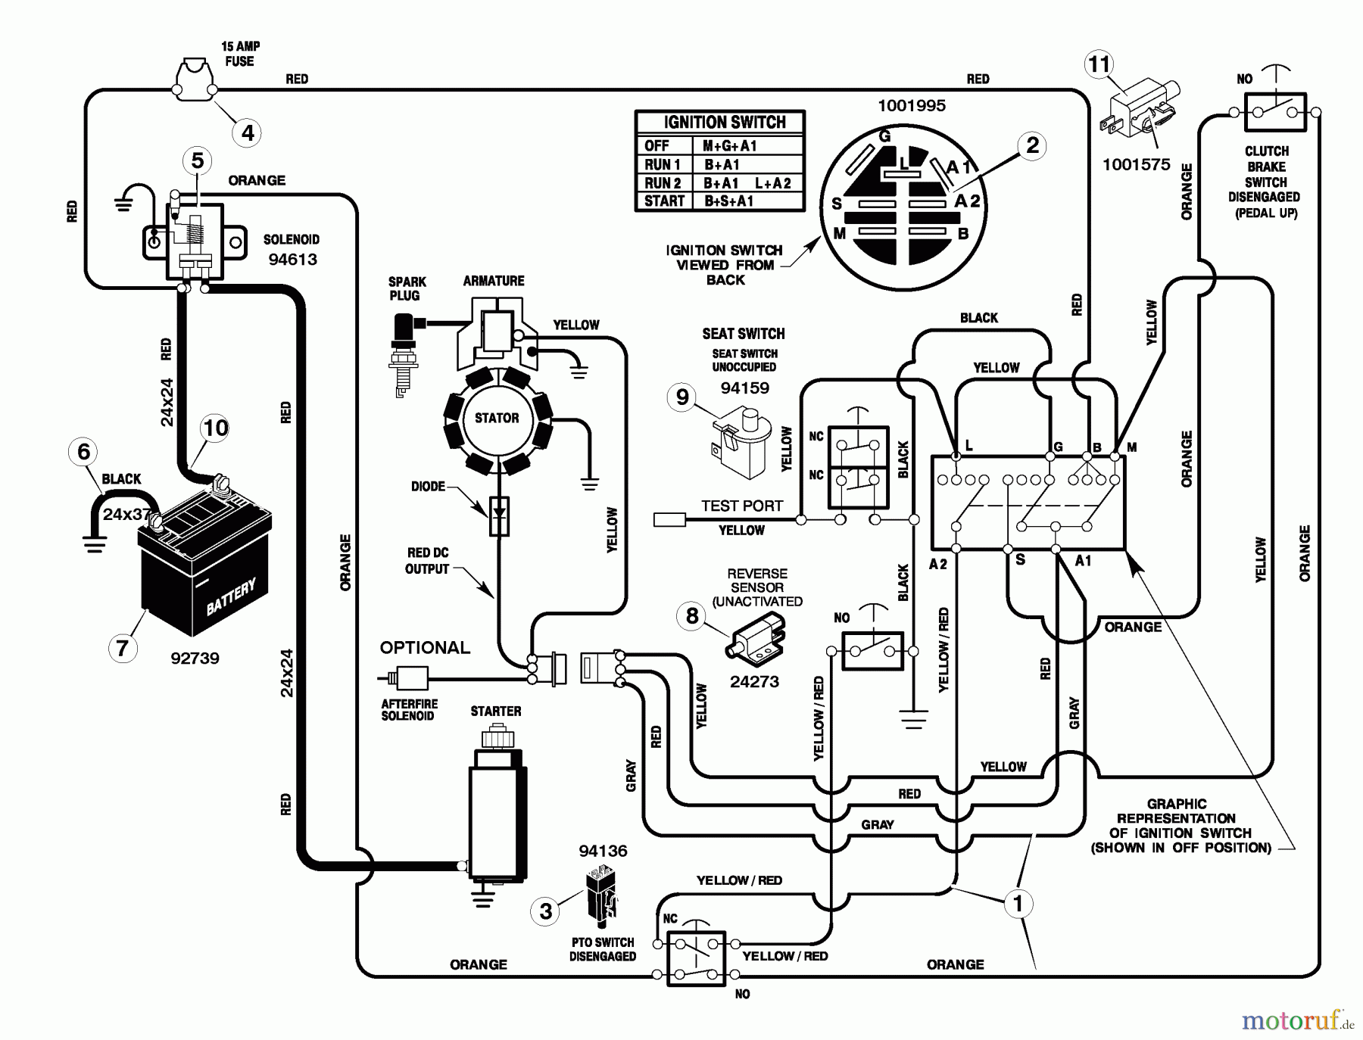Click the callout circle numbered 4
pos(248,133)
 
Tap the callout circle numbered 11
pos(1099,64)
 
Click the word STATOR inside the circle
pos(497,418)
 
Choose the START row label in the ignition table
pos(664,201)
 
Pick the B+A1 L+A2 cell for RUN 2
pos(747,183)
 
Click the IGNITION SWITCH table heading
pos(724,122)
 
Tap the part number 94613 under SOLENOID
pos(292,260)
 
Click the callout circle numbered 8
pos(691,615)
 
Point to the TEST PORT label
pos(741,506)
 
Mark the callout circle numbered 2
pos(1032,145)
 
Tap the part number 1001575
pos(1136,164)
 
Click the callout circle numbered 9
pos(682,397)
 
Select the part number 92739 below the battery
pos(195,658)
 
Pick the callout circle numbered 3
pos(546,911)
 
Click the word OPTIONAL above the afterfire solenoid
pos(425,648)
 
